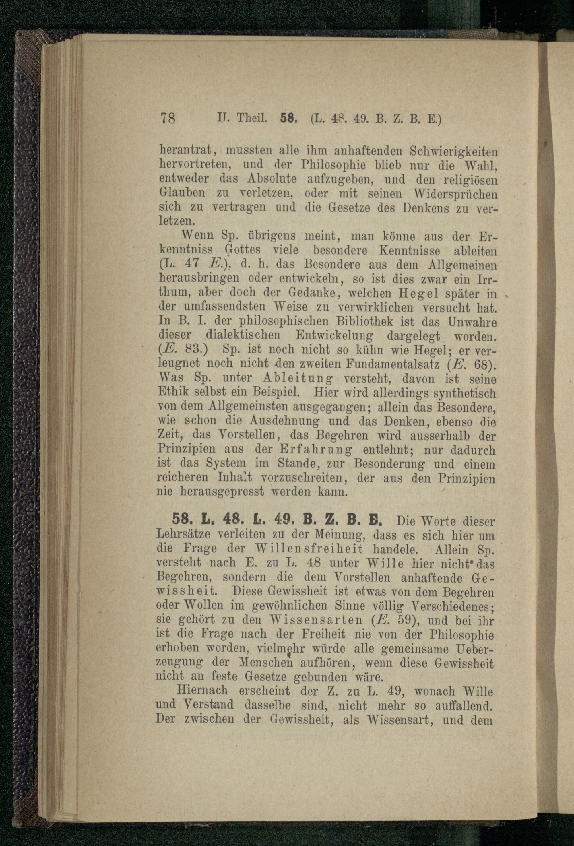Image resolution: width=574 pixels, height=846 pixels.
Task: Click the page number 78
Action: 168,119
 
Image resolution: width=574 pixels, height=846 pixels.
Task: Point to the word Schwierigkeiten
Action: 453,150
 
